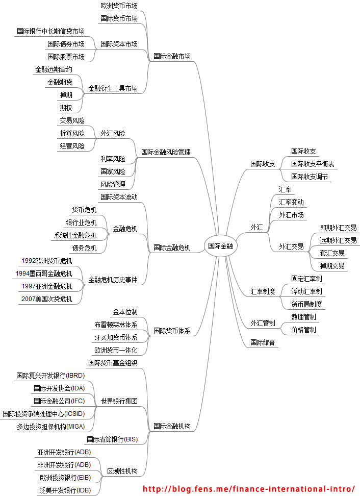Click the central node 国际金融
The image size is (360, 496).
(x=220, y=246)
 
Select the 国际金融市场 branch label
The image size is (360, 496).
(x=172, y=56)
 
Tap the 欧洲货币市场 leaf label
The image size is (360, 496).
(x=119, y=6)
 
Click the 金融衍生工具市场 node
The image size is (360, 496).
(x=113, y=88)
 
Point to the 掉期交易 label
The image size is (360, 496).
(x=332, y=266)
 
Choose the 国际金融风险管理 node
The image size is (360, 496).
(x=166, y=152)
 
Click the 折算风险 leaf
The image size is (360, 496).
(x=72, y=133)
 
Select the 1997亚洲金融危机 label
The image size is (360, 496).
(x=47, y=286)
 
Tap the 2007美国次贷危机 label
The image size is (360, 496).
(x=47, y=299)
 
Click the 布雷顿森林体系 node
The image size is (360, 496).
(x=116, y=325)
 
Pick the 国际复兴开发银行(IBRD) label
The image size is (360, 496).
(x=50, y=376)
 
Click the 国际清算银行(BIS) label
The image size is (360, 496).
(x=112, y=439)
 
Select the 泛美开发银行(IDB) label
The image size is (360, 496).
(x=65, y=490)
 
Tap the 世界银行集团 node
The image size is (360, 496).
(x=119, y=401)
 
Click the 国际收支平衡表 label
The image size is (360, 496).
(x=313, y=164)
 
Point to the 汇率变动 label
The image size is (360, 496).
(x=291, y=202)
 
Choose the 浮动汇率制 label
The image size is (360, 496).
(x=306, y=291)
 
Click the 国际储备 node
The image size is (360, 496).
(x=263, y=342)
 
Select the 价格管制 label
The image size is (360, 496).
(x=303, y=330)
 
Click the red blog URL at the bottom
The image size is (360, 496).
(x=248, y=489)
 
